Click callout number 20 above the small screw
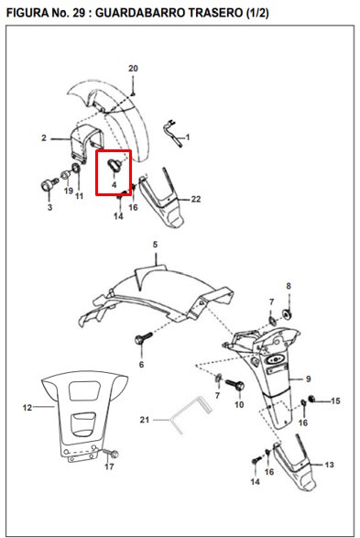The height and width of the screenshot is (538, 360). click(133, 68)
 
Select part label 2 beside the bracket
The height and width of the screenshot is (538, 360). click(44, 137)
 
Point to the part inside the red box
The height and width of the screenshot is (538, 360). click(115, 165)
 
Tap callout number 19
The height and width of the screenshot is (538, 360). click(69, 191)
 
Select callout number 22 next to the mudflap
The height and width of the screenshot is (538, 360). click(196, 199)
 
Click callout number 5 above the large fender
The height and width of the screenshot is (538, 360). click(155, 245)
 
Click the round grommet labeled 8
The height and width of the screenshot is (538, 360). click(287, 314)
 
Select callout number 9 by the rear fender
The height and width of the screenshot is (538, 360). click(308, 379)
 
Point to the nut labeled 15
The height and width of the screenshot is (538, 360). click(312, 399)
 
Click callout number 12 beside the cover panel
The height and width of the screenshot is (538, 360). click(27, 408)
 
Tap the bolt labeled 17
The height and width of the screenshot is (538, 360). click(112, 454)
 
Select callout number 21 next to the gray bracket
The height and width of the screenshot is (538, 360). click(145, 420)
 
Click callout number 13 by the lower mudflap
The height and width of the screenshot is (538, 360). click(329, 465)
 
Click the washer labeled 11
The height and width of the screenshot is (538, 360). click(76, 168)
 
